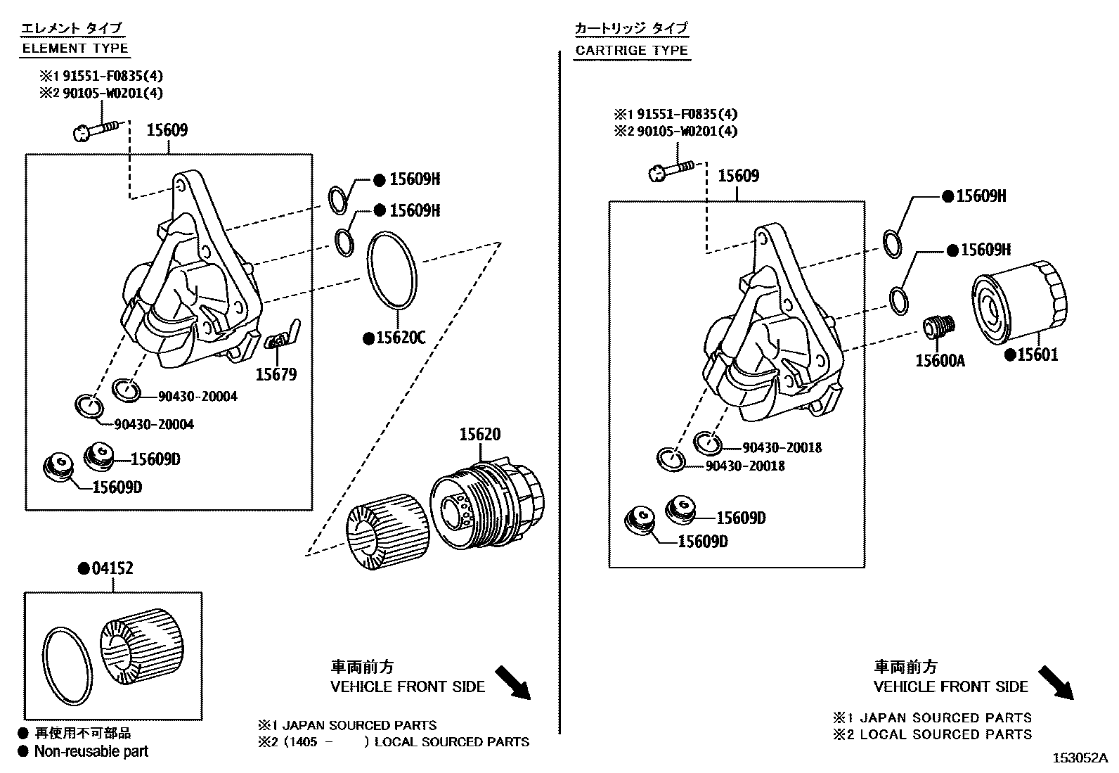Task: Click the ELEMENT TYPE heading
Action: pos(75,49)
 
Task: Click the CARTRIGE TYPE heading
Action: pos(631,50)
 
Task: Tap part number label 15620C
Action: pos(400,338)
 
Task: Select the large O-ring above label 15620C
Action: pos(393,271)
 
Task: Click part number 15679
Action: pos(276,374)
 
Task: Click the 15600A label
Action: pos(940,361)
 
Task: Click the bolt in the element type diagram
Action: pos(96,129)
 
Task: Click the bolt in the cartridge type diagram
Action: pos(672,170)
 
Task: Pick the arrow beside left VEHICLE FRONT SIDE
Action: pos(513,683)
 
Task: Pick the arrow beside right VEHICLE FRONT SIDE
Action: pos(1056,683)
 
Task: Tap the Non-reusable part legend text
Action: pos(91,751)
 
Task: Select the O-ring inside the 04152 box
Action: pos(67,666)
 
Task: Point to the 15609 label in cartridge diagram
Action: pos(737,176)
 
